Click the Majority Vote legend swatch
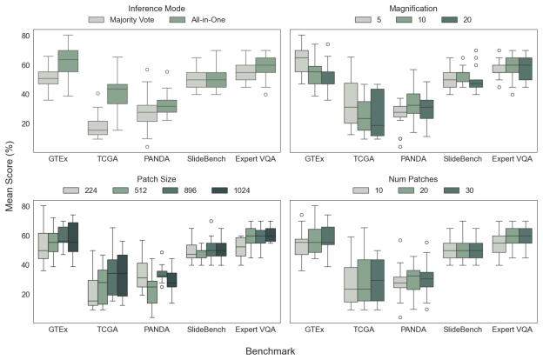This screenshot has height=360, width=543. pos(97,20)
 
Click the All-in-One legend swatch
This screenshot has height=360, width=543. pos(178,20)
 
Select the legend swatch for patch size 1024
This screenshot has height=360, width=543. pos(219,190)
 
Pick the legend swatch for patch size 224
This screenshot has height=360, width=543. pos(71,190)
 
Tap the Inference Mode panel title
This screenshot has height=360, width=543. pos(157,9)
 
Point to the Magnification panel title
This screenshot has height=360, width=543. pos(413,9)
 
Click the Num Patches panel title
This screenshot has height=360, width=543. pos(413,179)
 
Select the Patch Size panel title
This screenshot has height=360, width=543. pos(157,179)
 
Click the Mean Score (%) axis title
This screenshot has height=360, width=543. pos(9,177)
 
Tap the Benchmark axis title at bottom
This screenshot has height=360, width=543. pos(271,351)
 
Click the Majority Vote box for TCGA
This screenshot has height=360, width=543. pos(97,128)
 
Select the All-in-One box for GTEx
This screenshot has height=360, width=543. pos(68,61)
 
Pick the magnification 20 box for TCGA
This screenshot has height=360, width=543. pos(378,112)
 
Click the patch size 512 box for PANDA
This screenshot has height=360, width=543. pos(151,292)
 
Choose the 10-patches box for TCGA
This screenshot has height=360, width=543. pos(351,284)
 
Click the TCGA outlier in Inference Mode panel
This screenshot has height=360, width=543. pos(97,93)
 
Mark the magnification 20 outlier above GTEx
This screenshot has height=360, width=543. pos(327,44)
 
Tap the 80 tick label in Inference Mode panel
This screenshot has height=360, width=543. pos(25,36)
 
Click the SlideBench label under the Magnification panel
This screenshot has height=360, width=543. pos(463,159)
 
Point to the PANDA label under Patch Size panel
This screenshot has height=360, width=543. pos(157,330)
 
